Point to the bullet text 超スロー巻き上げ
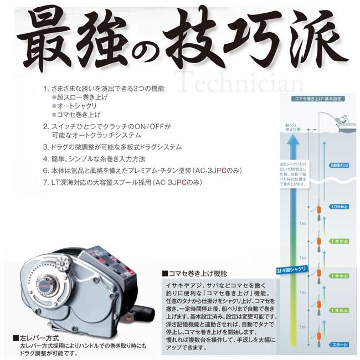pos(83,97)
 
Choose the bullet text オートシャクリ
pos(78,106)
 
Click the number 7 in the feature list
pos(45,182)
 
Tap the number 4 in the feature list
pos(45,159)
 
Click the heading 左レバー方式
pos(39,337)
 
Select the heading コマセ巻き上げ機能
pos(194,272)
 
